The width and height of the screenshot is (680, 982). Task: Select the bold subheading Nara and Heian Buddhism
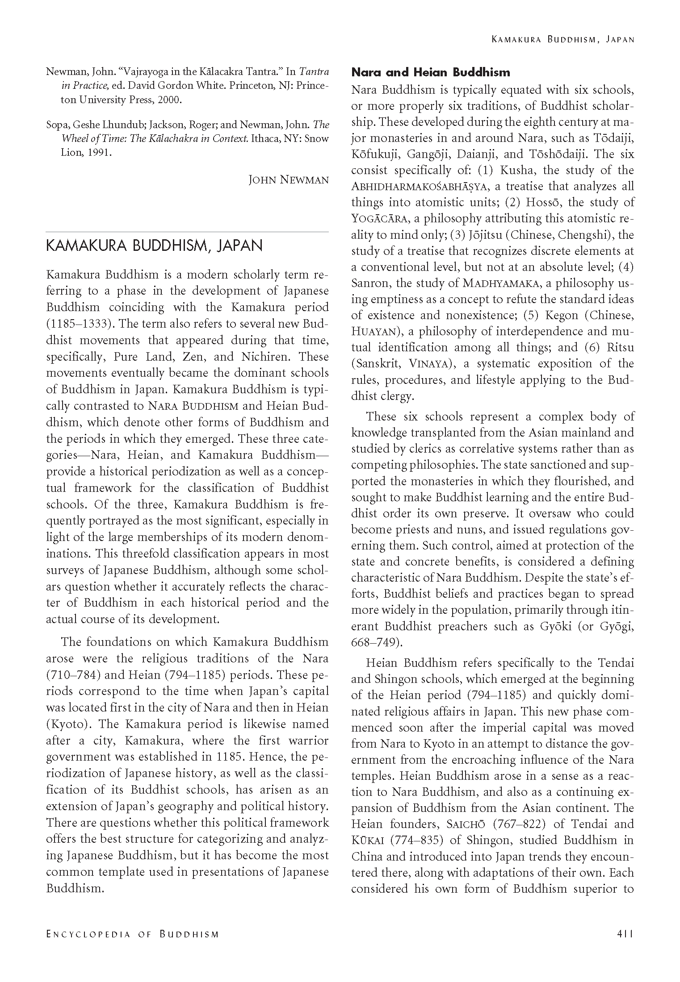tap(431, 72)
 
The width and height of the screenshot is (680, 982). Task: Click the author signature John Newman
tap(289, 180)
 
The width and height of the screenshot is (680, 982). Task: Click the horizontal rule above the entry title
tap(187, 232)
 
